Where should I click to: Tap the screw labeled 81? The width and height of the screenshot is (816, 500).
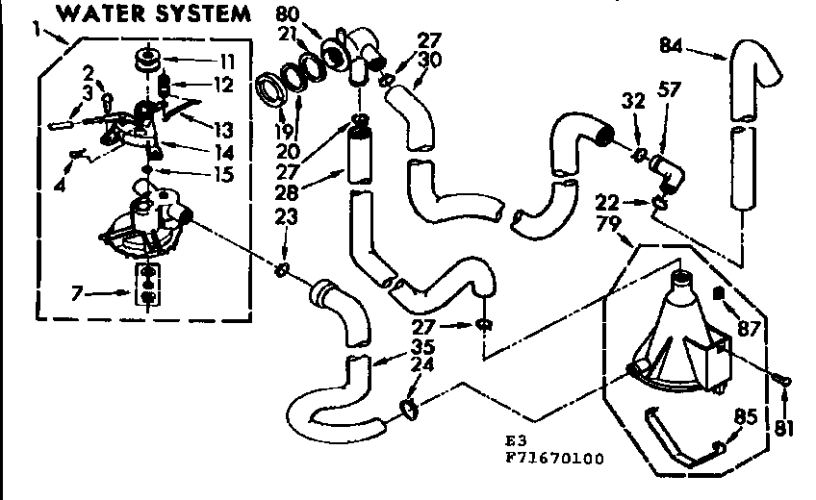pos(784,384)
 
